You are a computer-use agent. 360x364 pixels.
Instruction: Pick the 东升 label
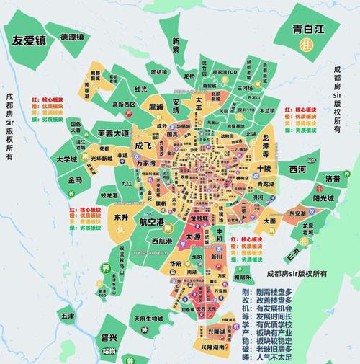121,217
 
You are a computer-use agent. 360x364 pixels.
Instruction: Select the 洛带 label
333,178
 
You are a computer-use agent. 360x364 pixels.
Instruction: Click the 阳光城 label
324,200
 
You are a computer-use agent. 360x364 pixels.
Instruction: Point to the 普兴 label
109,337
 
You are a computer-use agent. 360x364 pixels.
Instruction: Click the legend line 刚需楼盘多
267,291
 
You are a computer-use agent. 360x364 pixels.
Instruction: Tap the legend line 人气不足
267,355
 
